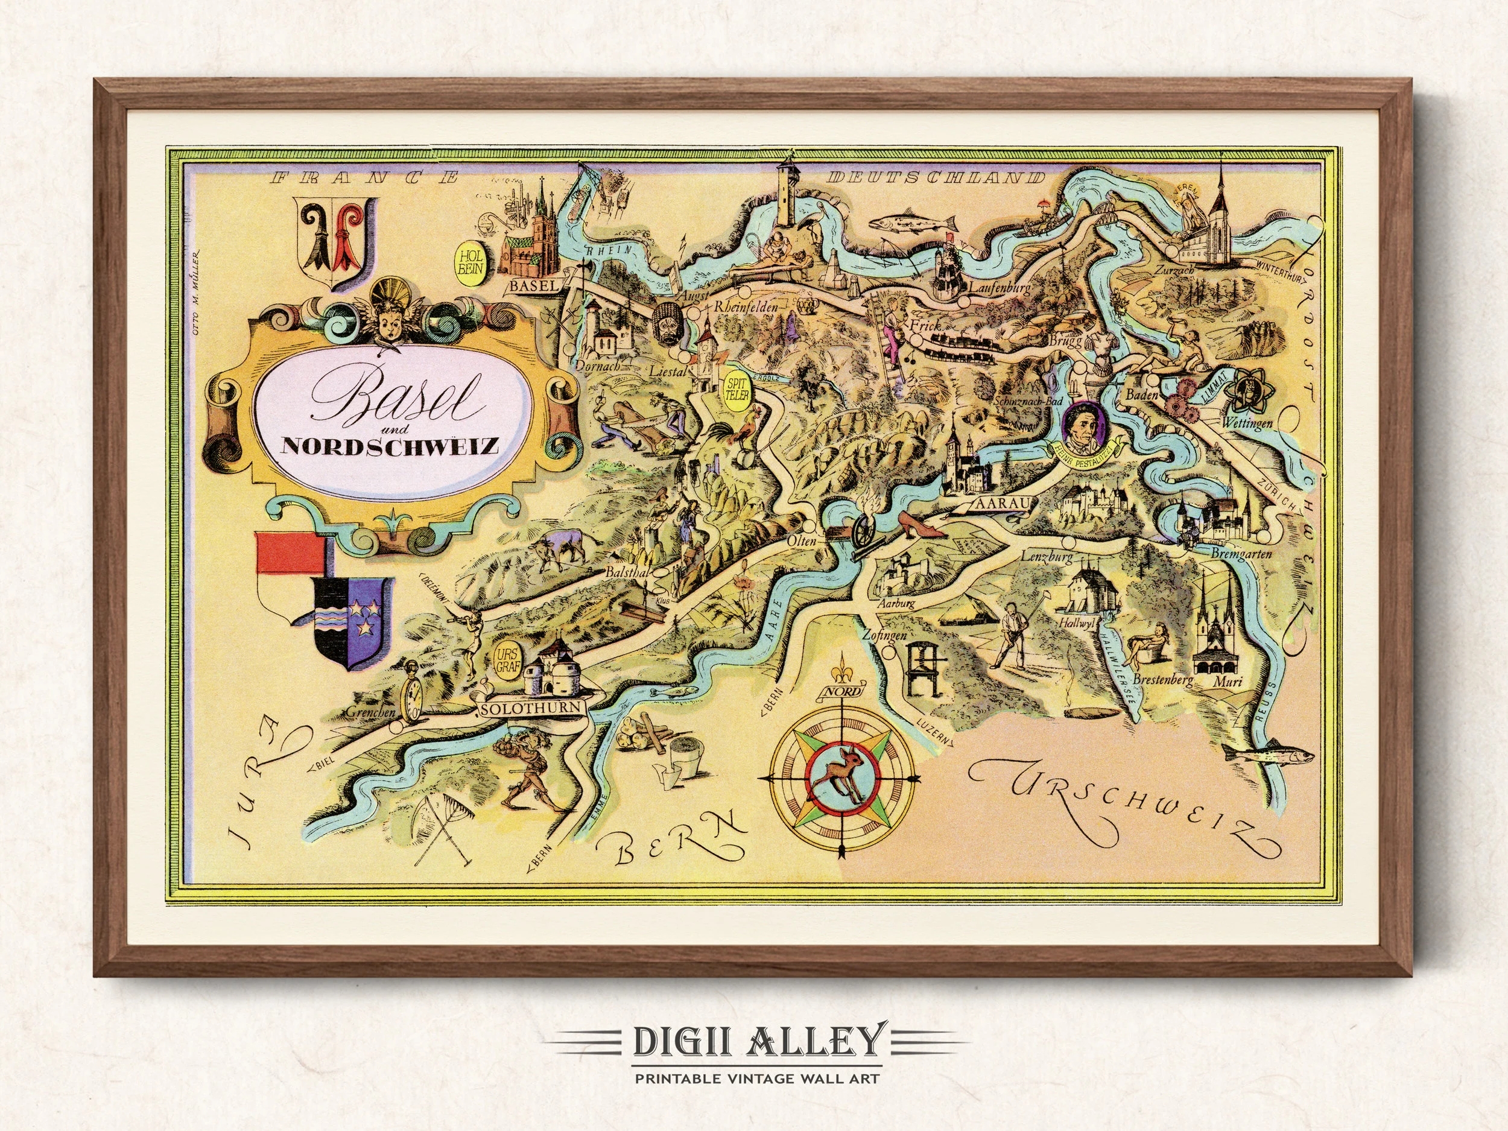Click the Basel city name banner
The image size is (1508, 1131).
coord(534,286)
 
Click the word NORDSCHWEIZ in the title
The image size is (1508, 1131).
coord(391,446)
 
